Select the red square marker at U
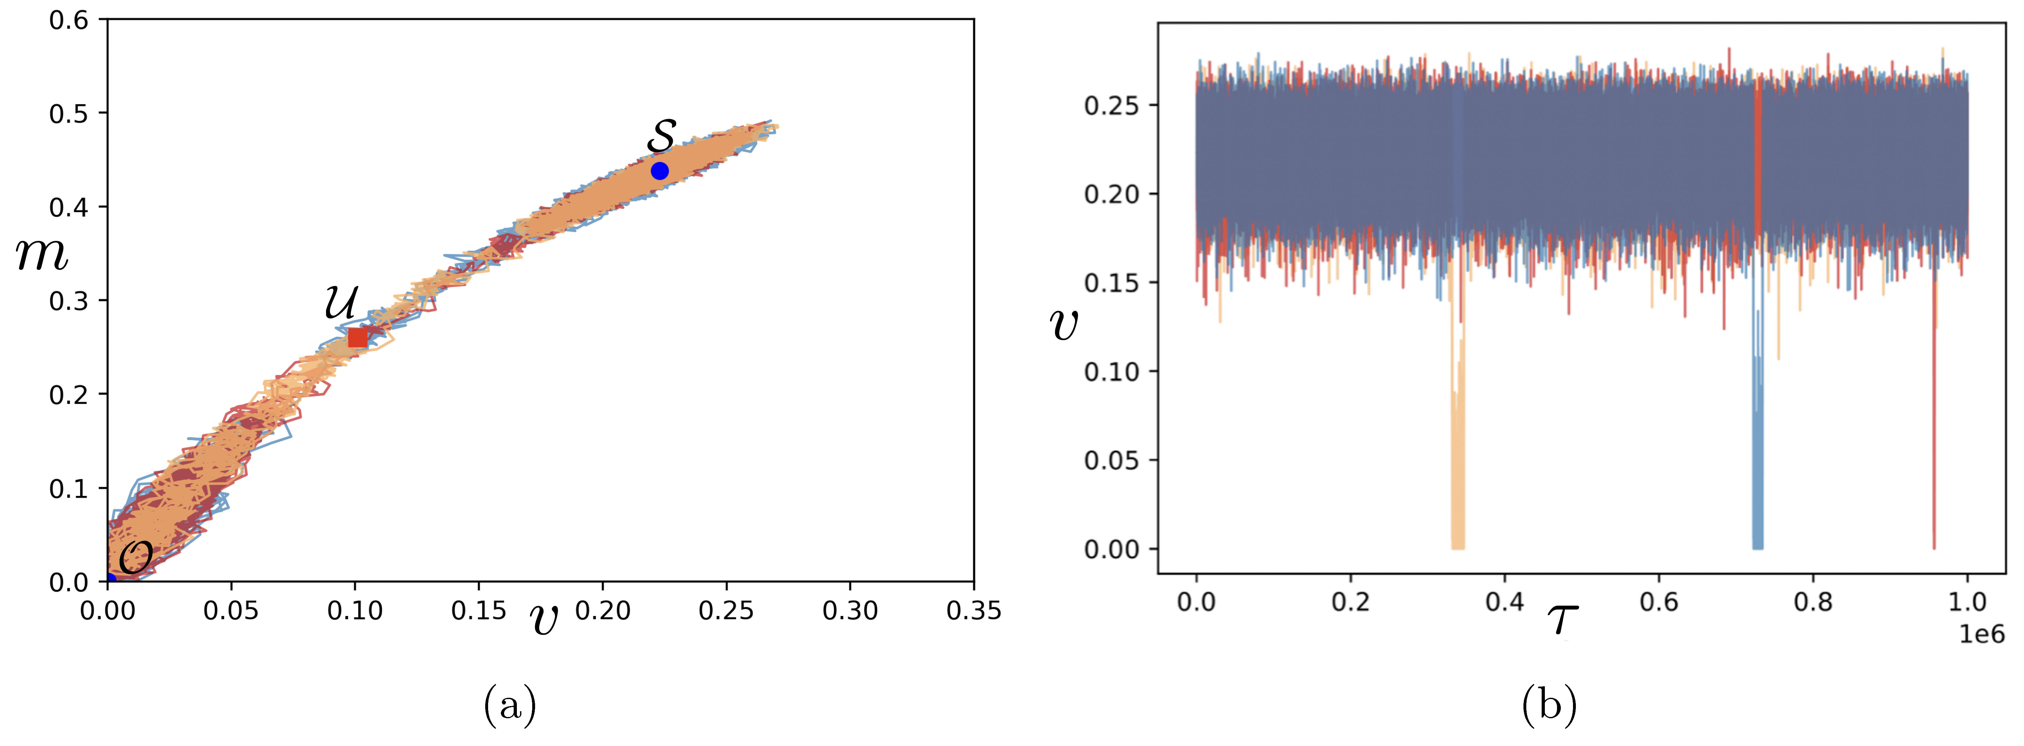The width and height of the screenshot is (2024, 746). point(357,337)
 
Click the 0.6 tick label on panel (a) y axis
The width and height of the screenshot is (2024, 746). point(69,19)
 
